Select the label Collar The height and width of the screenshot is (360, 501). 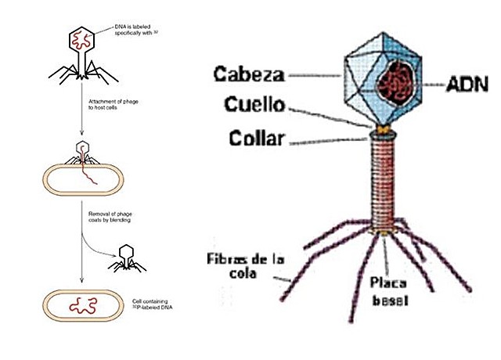pyautogui.click(x=258, y=140)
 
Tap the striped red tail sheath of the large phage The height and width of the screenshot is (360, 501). pyautogui.click(x=382, y=184)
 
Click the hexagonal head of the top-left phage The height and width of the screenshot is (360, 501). pyautogui.click(x=81, y=37)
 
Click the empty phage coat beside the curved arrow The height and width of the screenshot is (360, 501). pyautogui.click(x=126, y=257)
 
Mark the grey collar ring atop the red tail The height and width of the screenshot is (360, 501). pyautogui.click(x=382, y=135)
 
